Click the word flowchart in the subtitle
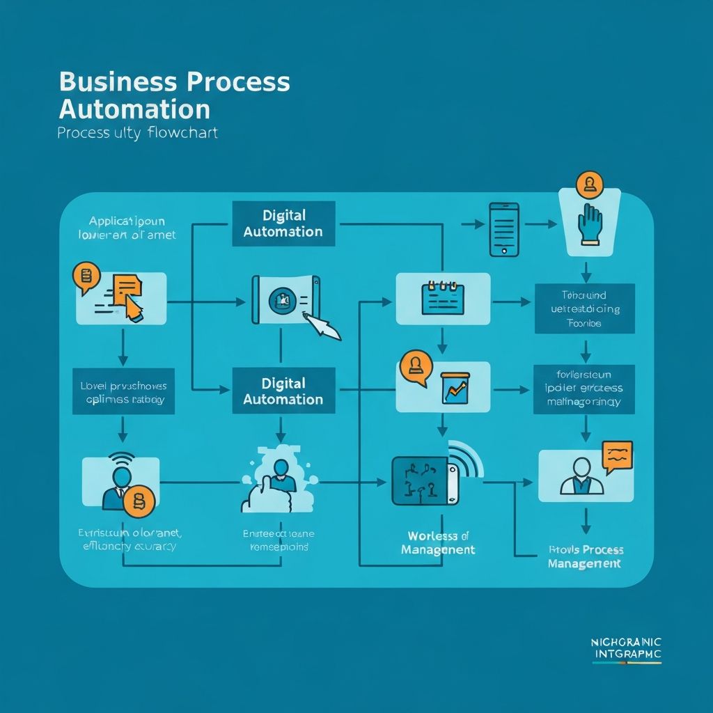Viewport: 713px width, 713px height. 182,132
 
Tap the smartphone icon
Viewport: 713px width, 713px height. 504,229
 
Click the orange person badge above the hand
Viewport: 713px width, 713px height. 589,184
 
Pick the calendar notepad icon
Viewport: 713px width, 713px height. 442,299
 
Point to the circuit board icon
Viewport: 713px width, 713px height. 423,480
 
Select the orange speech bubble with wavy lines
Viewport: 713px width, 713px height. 618,455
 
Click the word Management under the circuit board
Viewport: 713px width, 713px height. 439,550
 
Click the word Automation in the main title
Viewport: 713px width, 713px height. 134,110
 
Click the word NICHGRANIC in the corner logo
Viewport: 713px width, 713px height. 626,641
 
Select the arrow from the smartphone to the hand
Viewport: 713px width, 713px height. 540,224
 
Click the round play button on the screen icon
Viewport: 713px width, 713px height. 283,300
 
